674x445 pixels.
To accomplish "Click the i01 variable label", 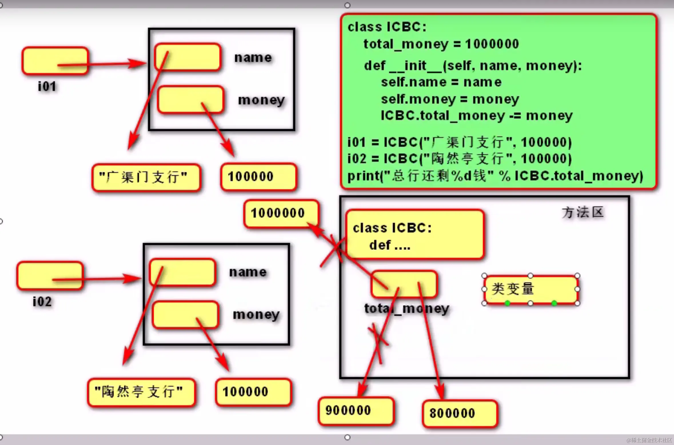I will pyautogui.click(x=47, y=86).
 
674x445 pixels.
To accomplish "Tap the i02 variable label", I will pyautogui.click(x=42, y=301).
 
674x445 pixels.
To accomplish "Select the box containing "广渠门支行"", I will pyautogui.click(x=146, y=177).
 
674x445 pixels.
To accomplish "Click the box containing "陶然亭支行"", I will pyautogui.click(x=141, y=392).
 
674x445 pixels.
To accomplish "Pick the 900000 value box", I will pyautogui.click(x=356, y=411).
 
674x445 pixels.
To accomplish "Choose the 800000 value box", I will pyautogui.click(x=460, y=414).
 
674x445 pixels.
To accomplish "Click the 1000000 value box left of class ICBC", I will pyautogui.click(x=281, y=213).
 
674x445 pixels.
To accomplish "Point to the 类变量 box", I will pyautogui.click(x=531, y=289).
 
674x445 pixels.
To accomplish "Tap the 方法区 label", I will pyautogui.click(x=583, y=212).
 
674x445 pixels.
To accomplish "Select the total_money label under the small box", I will pyautogui.click(x=406, y=309).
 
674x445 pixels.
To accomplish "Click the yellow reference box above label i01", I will pyautogui.click(x=55, y=61).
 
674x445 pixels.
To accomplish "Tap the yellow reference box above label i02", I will pyautogui.click(x=50, y=276).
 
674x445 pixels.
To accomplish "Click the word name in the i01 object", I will pyautogui.click(x=253, y=58).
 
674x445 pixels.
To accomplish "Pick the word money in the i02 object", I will pyautogui.click(x=256, y=315).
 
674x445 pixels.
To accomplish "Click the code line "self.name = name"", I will pyautogui.click(x=441, y=82).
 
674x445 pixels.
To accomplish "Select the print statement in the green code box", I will pyautogui.click(x=495, y=176).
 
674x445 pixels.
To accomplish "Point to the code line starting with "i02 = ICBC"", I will pyautogui.click(x=459, y=159).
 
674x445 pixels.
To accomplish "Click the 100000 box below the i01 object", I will pyautogui.click(x=258, y=177).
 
